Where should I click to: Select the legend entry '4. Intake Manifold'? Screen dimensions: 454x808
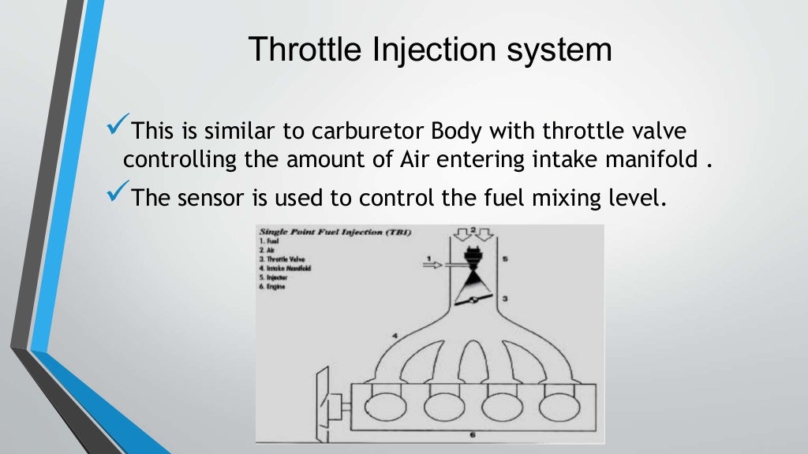(x=286, y=269)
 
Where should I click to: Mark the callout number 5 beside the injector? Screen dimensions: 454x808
(x=507, y=258)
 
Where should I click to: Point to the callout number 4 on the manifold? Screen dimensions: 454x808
(x=393, y=337)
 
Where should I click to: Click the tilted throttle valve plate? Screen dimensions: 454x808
(x=471, y=300)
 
